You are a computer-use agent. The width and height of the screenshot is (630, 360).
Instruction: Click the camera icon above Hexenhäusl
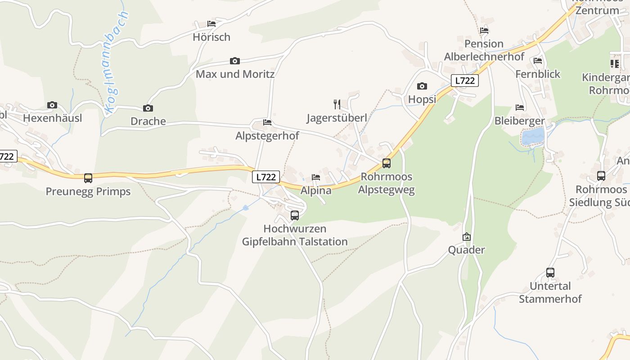coord(52,105)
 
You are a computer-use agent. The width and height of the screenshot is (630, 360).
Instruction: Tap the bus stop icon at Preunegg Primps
coord(88,178)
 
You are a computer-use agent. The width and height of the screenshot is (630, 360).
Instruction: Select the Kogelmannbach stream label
coord(116,63)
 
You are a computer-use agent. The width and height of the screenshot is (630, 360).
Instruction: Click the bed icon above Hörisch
coord(211,24)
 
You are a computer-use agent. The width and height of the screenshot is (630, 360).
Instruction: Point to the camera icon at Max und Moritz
coord(234,61)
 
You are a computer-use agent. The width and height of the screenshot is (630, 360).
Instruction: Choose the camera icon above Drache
coord(148,108)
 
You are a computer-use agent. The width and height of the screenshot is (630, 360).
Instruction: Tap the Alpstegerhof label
coord(267,136)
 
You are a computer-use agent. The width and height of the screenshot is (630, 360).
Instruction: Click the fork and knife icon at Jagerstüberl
coord(337,104)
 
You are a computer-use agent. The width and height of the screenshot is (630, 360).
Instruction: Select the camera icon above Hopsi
coord(422,86)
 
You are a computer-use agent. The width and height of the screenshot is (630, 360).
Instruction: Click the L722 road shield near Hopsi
coord(464,81)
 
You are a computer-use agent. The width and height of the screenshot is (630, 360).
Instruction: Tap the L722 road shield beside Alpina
coord(265,177)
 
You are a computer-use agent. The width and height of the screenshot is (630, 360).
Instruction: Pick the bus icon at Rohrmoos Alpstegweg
coord(386,163)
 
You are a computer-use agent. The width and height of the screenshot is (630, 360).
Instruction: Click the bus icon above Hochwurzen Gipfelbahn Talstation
coord(295,215)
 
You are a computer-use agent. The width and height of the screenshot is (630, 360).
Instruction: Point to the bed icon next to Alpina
coord(316,177)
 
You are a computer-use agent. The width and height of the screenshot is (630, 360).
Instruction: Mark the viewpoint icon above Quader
coord(467,237)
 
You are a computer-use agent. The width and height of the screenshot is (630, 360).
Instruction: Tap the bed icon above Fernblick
coord(537,61)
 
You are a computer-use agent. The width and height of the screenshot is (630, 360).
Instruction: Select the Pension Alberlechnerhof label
coord(484,50)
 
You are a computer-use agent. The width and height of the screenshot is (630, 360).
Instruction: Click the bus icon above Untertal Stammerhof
coord(550,272)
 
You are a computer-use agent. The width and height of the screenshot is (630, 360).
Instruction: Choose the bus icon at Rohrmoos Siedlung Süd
coord(601,176)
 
